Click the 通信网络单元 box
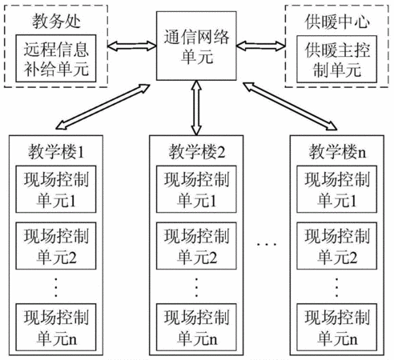(x=196, y=46)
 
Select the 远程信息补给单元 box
(x=56, y=58)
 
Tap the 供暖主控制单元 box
(x=337, y=59)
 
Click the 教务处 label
(x=56, y=22)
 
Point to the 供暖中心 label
(x=337, y=22)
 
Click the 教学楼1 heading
(x=56, y=152)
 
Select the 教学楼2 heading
(x=197, y=152)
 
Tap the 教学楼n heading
(x=337, y=152)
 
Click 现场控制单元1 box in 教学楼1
(x=56, y=189)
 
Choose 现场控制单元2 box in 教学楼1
(x=56, y=246)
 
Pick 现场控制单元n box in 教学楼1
(x=56, y=327)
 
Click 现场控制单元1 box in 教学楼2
(x=196, y=189)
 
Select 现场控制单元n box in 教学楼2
(x=196, y=327)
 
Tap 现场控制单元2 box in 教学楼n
(x=337, y=246)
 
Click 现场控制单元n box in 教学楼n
(x=337, y=327)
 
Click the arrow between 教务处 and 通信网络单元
(x=132, y=46)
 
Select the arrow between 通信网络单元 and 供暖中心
(x=261, y=46)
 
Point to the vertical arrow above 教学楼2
(x=196, y=108)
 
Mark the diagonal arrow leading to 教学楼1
(x=103, y=107)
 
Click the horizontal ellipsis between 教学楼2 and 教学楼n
(x=267, y=244)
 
